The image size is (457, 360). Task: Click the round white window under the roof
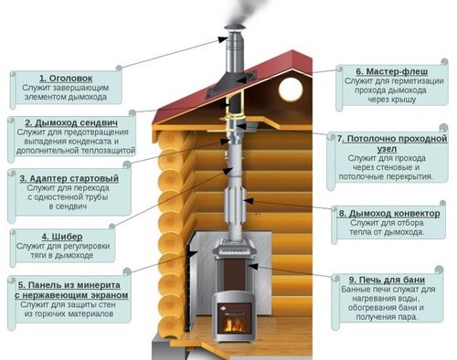pyautogui.click(x=291, y=89)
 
